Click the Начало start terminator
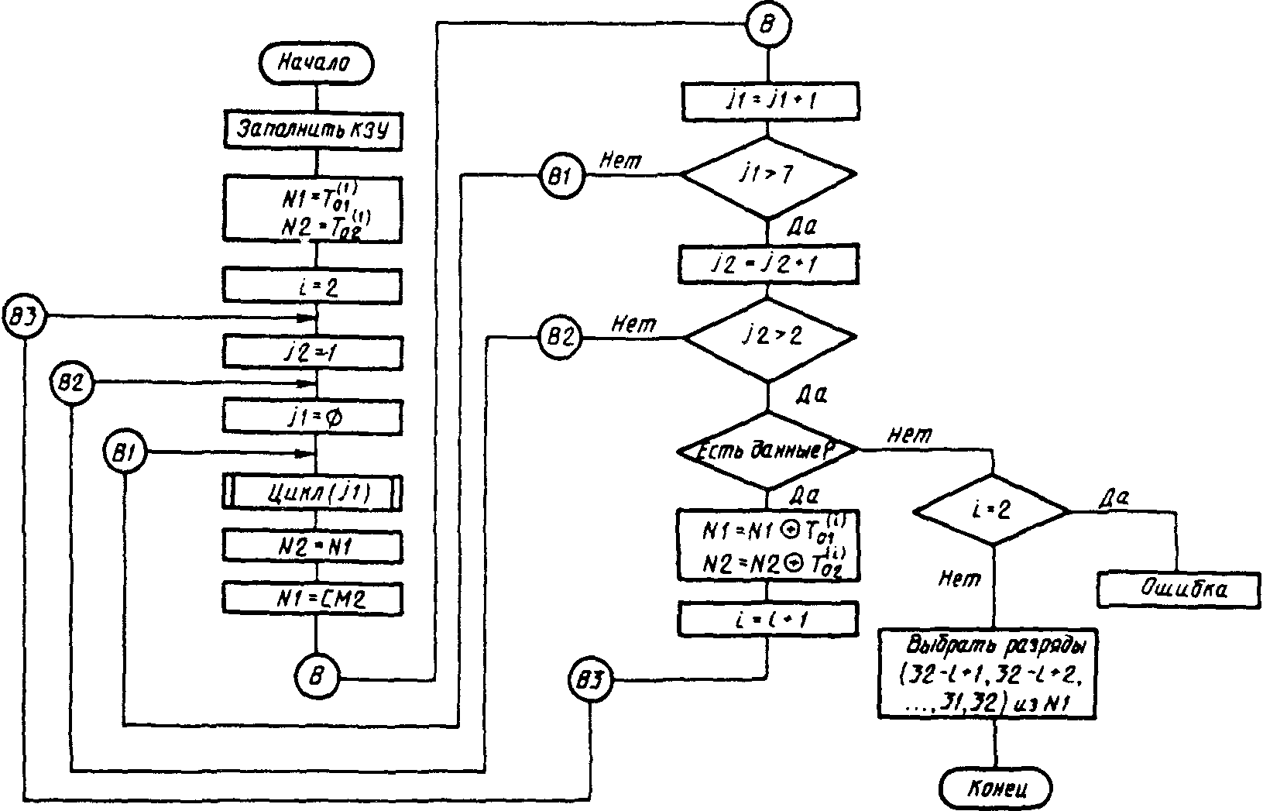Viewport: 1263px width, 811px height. coord(315,64)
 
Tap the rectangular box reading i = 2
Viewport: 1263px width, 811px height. coord(313,286)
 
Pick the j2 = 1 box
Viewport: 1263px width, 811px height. coord(313,353)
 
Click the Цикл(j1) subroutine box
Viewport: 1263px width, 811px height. coord(314,493)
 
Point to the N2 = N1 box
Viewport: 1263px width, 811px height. coord(313,546)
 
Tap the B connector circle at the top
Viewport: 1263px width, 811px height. coord(767,24)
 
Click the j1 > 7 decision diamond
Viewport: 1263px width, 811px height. coord(767,175)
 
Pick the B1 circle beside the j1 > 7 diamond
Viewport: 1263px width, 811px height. coord(562,175)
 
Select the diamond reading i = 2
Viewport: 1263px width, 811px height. coord(992,512)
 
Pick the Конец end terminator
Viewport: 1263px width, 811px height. coord(996,789)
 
